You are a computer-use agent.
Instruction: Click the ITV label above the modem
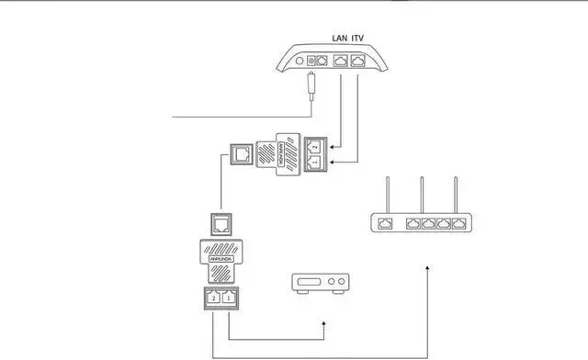click(360, 39)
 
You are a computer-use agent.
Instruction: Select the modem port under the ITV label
click(359, 62)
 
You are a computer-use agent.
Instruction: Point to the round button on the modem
click(311, 61)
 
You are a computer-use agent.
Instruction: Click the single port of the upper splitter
click(243, 153)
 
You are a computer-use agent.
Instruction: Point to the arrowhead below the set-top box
click(322, 324)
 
